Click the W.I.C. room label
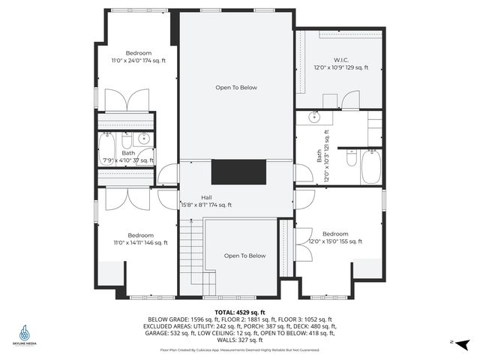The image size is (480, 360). click(341, 59)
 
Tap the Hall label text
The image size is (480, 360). click(205, 196)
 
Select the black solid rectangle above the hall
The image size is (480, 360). click(238, 172)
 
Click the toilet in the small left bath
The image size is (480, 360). click(127, 140)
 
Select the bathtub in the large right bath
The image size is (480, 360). click(372, 166)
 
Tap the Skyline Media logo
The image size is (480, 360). click(26, 334)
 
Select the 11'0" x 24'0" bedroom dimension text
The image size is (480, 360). click(138, 61)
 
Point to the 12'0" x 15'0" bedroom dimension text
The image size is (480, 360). click(335, 241)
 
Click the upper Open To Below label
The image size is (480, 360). click(236, 88)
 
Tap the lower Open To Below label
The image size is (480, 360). click(244, 256)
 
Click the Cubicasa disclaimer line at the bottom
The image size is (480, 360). click(240, 349)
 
